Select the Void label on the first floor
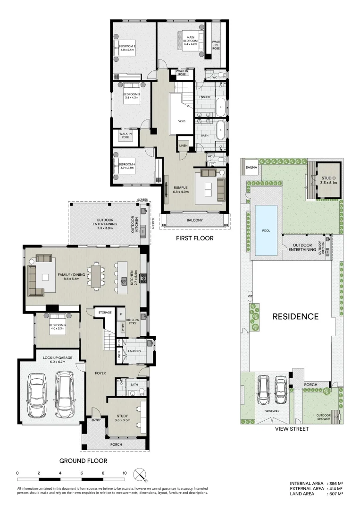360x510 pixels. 182,121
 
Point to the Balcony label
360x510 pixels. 194,220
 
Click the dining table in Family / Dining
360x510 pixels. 96,275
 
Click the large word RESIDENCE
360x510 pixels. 295,316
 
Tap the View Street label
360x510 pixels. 292,429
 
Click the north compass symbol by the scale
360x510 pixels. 140,474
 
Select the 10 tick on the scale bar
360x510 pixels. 125,473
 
